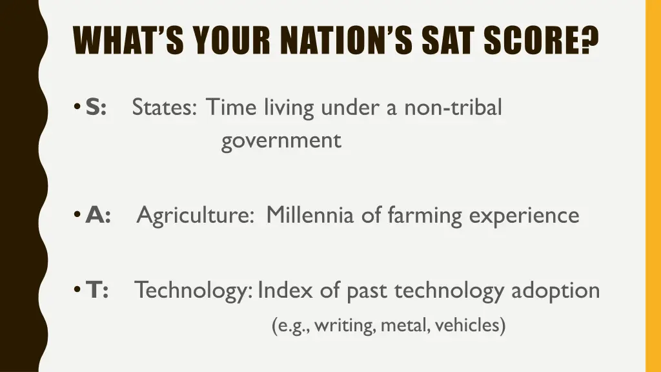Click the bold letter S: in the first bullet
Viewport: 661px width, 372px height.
click(97, 107)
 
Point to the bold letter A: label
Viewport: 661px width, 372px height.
click(98, 215)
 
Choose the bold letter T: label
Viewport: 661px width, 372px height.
click(97, 291)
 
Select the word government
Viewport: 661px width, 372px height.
click(281, 140)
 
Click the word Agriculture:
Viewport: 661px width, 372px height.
click(196, 215)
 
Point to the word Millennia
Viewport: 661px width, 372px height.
click(310, 215)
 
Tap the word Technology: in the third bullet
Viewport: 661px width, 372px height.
click(194, 291)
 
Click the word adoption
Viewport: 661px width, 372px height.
click(556, 291)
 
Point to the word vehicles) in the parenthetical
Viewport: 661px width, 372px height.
click(470, 325)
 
